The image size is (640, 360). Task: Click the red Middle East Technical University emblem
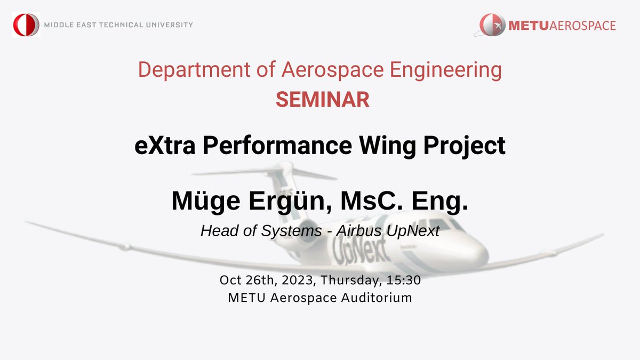pos(26,25)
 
